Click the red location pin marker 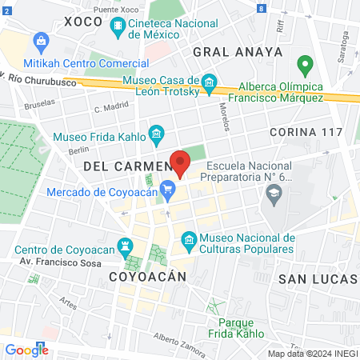pyautogui.click(x=181, y=163)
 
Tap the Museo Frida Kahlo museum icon pyautogui.click(x=157, y=132)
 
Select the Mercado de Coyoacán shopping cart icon pyautogui.click(x=167, y=190)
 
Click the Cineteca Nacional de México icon pyautogui.click(x=118, y=29)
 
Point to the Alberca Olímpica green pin pyautogui.click(x=304, y=64)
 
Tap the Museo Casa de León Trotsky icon pyautogui.click(x=210, y=82)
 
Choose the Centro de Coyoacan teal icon pyautogui.click(x=125, y=245)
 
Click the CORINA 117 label pyautogui.click(x=306, y=131)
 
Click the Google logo pyautogui.click(x=26, y=350)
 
